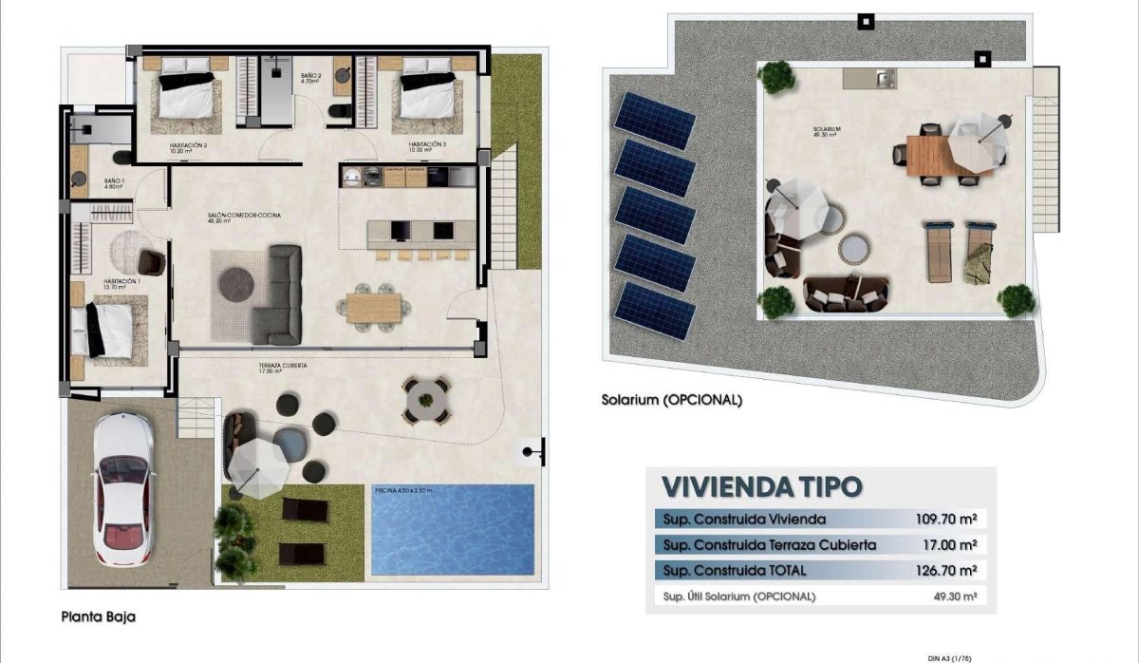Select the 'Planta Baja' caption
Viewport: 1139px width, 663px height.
point(99,616)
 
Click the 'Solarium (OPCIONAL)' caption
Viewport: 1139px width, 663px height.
point(672,400)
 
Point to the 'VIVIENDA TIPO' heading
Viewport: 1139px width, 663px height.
point(762,487)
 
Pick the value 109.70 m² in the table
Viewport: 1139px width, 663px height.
point(943,520)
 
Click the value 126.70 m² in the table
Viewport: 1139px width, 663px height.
point(943,571)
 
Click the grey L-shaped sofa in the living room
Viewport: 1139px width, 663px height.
point(277,294)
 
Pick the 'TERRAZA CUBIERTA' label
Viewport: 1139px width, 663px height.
point(282,366)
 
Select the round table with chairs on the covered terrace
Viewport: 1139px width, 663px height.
point(426,397)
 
